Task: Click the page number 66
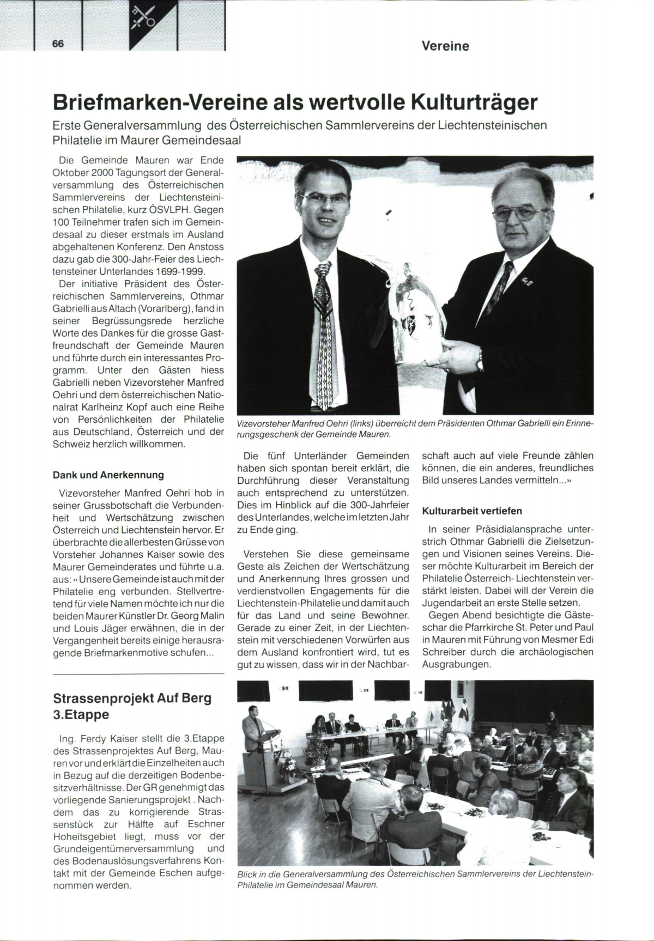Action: point(58,44)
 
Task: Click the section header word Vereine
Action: point(445,46)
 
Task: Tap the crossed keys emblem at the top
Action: point(143,17)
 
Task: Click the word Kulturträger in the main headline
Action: point(474,102)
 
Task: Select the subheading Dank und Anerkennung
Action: point(108,475)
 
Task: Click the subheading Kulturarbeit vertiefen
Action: point(472,511)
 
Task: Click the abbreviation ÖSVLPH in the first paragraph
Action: point(175,210)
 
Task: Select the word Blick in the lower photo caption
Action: point(248,874)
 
